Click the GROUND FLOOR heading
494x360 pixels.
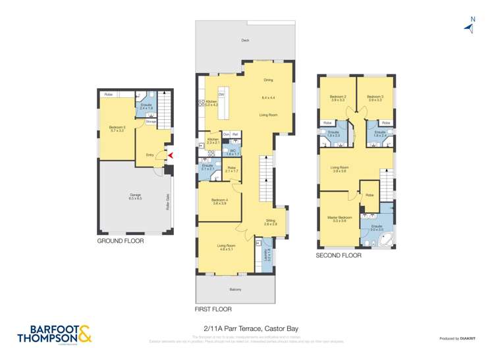coord(120,241)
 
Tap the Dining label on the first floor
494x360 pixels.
coord(268,80)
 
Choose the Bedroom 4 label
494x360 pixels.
coord(219,200)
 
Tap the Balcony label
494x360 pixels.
coord(236,290)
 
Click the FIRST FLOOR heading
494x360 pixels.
coord(213,309)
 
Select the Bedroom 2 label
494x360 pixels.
coord(337,97)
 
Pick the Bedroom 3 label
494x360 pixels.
coord(375,97)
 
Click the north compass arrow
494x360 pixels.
coord(470,26)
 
